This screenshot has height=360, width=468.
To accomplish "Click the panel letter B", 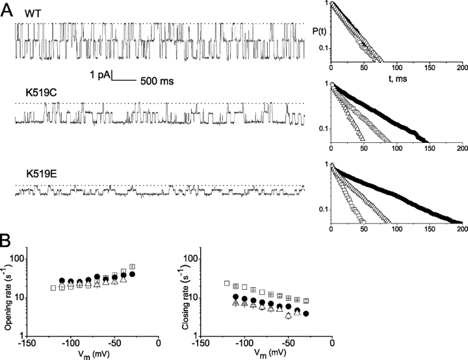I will coord(7,240).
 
